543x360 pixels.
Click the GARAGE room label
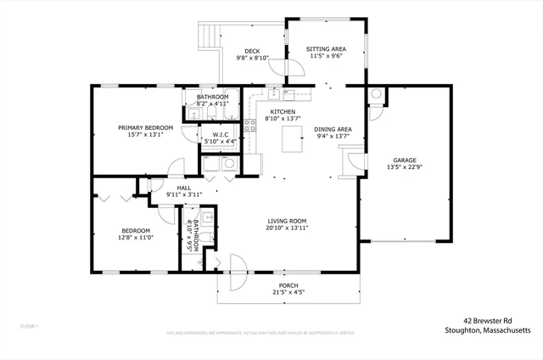coord(403,160)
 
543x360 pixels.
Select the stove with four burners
coord(250,126)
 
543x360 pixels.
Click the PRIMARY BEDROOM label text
coord(145,127)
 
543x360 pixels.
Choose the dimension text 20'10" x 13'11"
coord(286,228)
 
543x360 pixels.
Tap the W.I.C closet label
coord(220,134)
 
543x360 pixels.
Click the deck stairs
coord(210,36)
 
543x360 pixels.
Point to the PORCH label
coord(288,285)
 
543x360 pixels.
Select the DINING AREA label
coord(334,128)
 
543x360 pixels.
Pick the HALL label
coord(183,188)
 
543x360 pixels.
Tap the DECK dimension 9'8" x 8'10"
coord(252,58)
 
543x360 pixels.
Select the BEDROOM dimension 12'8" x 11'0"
coord(135,239)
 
